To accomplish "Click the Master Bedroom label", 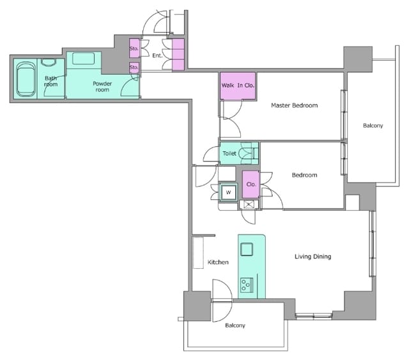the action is (x=294, y=105).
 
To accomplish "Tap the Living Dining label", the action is (x=313, y=257).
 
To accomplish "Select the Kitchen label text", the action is (x=218, y=262).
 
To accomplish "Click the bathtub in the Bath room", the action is (x=26, y=79).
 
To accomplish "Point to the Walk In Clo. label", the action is (x=238, y=85).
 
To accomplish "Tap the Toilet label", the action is (x=229, y=153).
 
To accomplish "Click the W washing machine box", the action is (x=228, y=193).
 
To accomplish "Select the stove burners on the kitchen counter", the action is (x=247, y=285).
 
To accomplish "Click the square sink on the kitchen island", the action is (x=247, y=249).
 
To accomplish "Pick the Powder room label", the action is (x=102, y=86).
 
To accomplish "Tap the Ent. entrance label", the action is (x=157, y=56).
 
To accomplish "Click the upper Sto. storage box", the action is (x=134, y=48).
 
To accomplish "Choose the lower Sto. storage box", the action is (x=134, y=68).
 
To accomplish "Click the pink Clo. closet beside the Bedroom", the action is (x=251, y=184).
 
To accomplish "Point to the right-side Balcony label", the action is (x=373, y=126).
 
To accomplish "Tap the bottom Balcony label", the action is (x=235, y=326).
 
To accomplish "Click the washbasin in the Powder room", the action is (x=83, y=58).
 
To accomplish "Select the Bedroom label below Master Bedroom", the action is (x=304, y=175).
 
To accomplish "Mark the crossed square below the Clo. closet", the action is (x=249, y=204).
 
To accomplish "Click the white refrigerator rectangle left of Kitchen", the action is (x=198, y=253).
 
